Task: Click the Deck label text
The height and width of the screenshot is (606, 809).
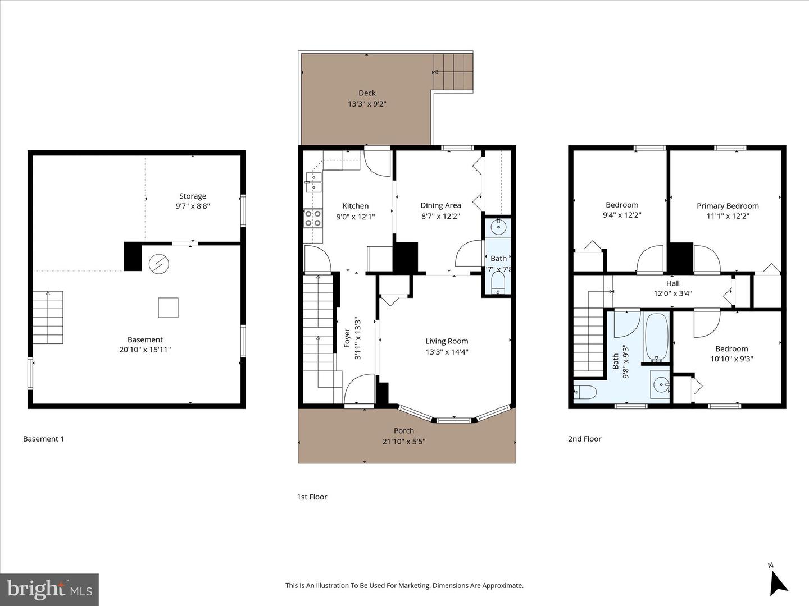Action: pyautogui.click(x=367, y=93)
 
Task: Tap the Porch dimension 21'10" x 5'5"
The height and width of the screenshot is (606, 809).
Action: pyautogui.click(x=403, y=442)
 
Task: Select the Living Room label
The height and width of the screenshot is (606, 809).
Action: pyautogui.click(x=446, y=341)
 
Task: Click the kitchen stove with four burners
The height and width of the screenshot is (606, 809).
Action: pyautogui.click(x=313, y=218)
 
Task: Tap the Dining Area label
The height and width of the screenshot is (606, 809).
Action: pyautogui.click(x=440, y=205)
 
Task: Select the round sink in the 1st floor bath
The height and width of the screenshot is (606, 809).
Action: pyautogui.click(x=498, y=227)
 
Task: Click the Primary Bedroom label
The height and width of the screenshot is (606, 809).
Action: pyautogui.click(x=728, y=206)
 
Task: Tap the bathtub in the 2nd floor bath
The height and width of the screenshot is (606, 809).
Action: pyautogui.click(x=656, y=337)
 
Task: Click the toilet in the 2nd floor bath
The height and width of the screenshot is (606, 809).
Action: pyautogui.click(x=585, y=392)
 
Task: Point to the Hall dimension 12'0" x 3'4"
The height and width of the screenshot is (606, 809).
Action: pyautogui.click(x=672, y=293)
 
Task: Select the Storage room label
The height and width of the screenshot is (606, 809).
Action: pyautogui.click(x=192, y=196)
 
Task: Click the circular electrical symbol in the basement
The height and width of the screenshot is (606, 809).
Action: pyautogui.click(x=158, y=264)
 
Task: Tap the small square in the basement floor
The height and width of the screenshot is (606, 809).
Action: pyautogui.click(x=168, y=307)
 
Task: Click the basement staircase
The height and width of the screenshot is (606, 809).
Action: pyautogui.click(x=48, y=317)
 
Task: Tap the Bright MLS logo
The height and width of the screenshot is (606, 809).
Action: pyautogui.click(x=49, y=589)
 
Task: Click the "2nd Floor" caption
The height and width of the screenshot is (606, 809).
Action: pyautogui.click(x=584, y=439)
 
